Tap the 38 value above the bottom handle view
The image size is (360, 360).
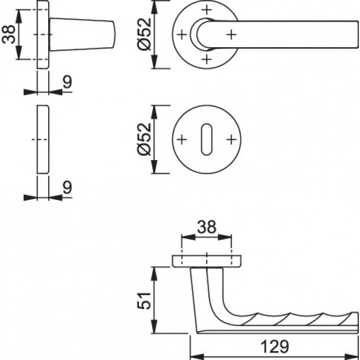[x=206, y=227]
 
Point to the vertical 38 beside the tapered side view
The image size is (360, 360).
[x=8, y=34]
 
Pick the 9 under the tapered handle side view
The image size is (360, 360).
[x=66, y=82]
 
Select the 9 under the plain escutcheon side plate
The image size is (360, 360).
[x=66, y=188]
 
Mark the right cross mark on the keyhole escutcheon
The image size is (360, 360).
[x=231, y=140]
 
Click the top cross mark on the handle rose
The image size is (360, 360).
[x=207, y=10]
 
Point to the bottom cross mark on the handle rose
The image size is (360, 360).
[x=207, y=59]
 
